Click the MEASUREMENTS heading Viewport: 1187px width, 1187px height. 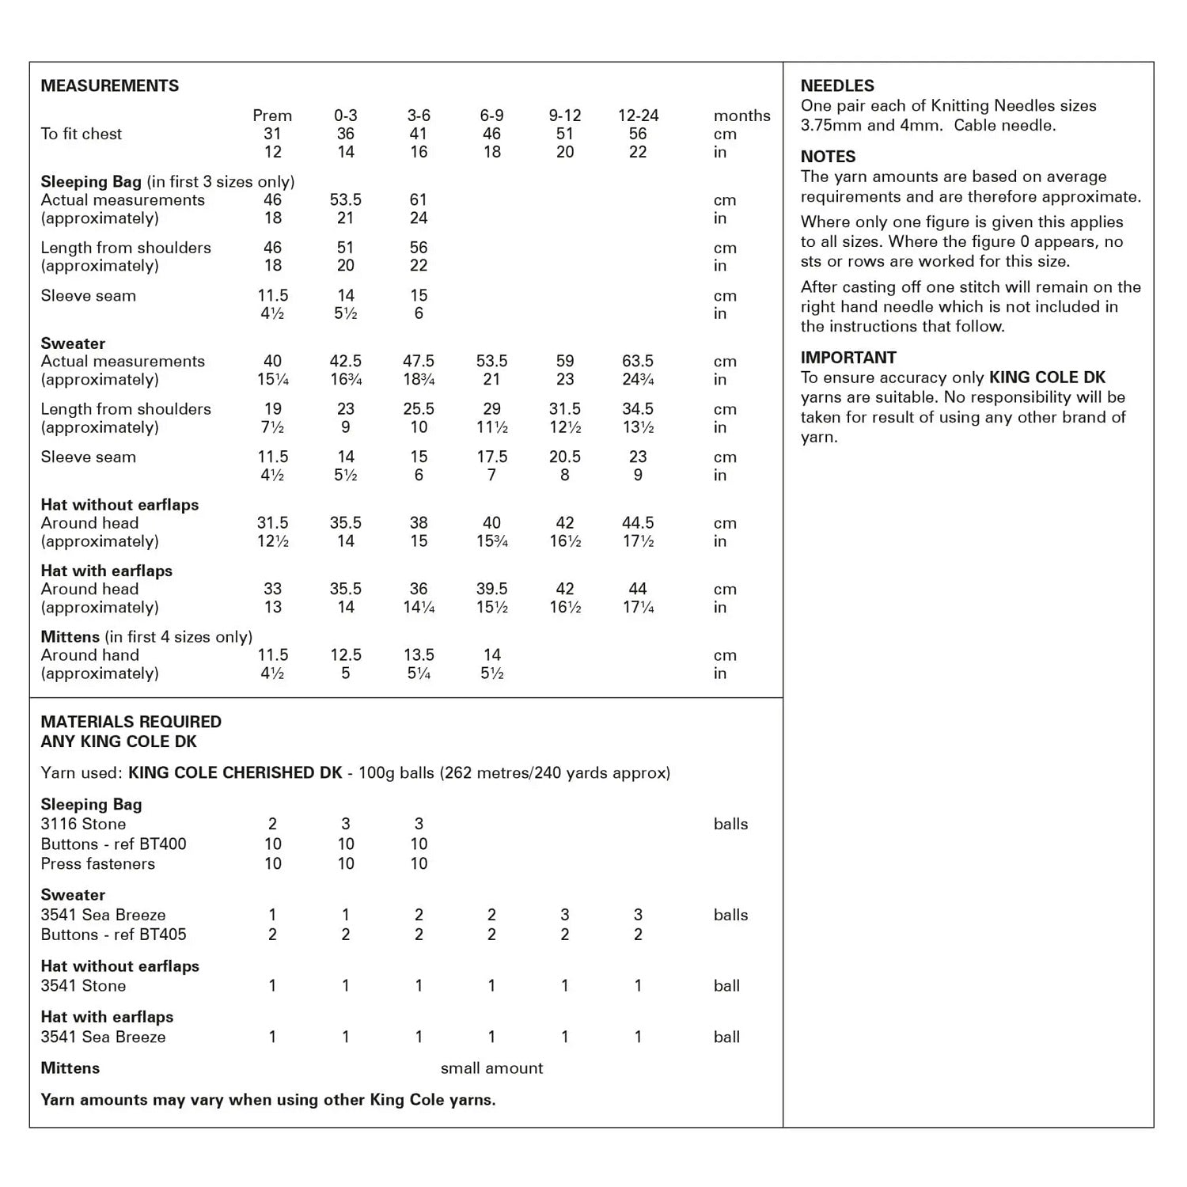tap(110, 85)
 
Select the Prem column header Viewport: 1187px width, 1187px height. tap(272, 116)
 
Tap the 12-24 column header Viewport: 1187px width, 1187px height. tap(638, 116)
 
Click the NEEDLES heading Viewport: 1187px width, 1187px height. tap(837, 85)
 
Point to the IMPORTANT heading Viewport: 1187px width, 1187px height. tap(848, 358)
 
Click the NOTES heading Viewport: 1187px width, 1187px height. tap(828, 157)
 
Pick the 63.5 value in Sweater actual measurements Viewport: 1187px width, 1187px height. tap(638, 362)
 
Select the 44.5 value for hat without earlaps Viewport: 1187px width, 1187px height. tap(638, 523)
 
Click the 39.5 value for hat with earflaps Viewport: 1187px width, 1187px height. tap(491, 589)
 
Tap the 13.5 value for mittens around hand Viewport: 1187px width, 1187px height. tap(419, 655)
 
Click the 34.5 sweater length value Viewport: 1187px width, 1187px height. tap(638, 409)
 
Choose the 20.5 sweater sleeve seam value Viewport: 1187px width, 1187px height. tap(565, 457)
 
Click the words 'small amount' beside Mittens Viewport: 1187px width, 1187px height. tap(491, 1068)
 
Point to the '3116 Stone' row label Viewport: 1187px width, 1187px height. tap(83, 825)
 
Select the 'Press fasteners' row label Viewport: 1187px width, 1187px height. tap(98, 864)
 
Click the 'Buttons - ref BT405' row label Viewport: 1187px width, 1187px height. tap(114, 935)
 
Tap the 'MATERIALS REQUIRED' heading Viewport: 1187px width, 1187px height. tap(131, 722)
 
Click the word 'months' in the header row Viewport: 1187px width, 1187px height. tap(741, 116)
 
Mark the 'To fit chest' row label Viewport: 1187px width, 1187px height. tap(82, 134)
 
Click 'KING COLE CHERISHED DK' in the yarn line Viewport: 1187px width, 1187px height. tap(235, 773)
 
